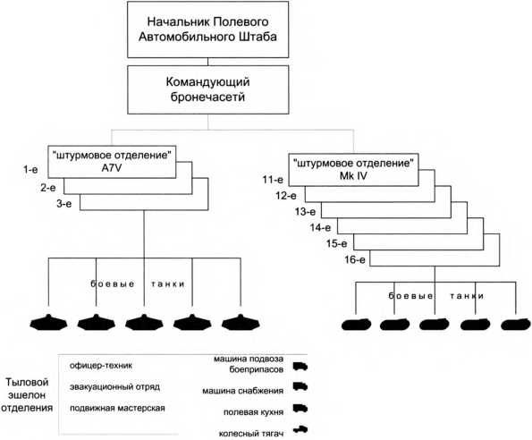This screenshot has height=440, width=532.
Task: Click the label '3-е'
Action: [65, 205]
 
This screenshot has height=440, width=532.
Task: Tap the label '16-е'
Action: [357, 260]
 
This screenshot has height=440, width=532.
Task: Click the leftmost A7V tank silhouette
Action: [46, 324]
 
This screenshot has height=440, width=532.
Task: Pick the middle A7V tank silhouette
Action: [142, 324]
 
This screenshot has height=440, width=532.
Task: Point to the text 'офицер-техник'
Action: [97, 366]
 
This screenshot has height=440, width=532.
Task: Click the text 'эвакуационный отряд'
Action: [110, 387]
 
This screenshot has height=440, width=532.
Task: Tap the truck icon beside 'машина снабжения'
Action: [301, 389]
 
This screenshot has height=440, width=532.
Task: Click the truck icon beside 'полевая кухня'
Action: [301, 411]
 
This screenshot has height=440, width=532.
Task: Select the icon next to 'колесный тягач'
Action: [301, 431]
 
